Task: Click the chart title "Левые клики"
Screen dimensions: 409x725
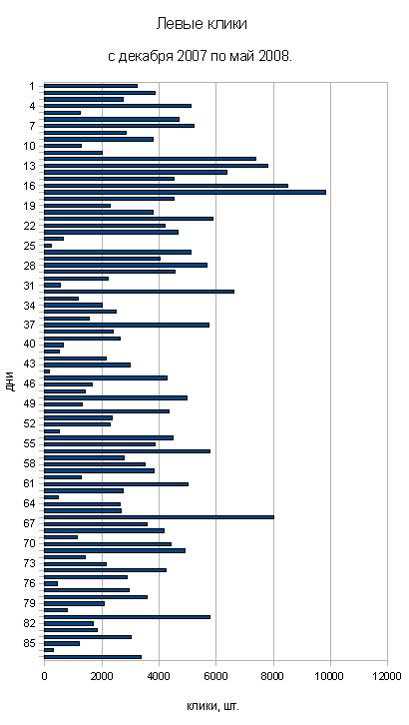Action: [202, 24]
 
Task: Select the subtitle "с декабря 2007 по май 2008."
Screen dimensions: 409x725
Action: [200, 57]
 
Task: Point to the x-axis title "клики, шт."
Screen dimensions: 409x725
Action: [213, 706]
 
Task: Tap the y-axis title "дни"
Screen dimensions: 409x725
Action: [11, 381]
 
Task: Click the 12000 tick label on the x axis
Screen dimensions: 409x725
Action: [387, 676]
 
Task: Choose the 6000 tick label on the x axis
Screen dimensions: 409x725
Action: [215, 676]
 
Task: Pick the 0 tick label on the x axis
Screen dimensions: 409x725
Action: [44, 676]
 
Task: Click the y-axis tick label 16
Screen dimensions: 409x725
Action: [30, 186]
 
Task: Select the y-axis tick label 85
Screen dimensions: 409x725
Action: [30, 644]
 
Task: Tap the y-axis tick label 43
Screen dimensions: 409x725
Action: [30, 364]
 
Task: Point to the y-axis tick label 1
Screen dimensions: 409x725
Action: [32, 86]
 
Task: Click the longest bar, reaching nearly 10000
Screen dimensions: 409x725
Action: [186, 193]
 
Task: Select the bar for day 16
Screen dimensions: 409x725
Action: [167, 186]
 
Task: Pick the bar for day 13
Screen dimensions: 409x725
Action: [156, 166]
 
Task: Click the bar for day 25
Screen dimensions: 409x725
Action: [48, 246]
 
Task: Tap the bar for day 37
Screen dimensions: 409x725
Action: [127, 325]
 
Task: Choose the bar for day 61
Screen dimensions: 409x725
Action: [117, 484]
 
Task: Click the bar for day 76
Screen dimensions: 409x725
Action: [51, 583]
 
